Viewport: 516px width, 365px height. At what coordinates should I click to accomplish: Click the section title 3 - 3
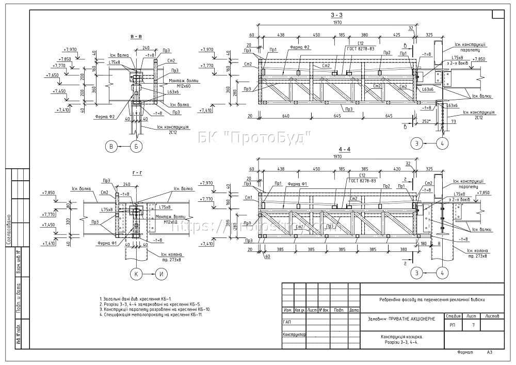[337, 16]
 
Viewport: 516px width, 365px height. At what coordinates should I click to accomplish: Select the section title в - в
[137, 37]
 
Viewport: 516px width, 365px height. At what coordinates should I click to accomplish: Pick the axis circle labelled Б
[136, 147]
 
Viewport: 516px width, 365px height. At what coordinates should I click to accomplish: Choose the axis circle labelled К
[136, 275]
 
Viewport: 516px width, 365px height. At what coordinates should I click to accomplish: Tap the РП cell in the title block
[453, 325]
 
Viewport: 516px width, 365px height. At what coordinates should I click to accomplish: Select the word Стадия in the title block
[454, 316]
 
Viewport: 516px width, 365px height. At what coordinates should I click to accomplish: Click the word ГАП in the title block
[287, 322]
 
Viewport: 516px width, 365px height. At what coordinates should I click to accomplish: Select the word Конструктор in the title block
[294, 335]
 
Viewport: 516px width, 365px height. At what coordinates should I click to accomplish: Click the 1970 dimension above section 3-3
[337, 23]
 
